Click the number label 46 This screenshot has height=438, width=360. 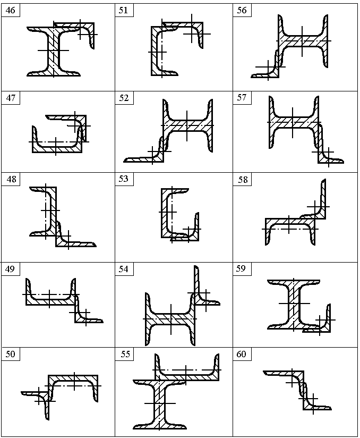tap(10, 10)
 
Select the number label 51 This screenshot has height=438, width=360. tap(123, 10)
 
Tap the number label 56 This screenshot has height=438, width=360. tap(242, 10)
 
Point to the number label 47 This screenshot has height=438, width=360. tap(11, 98)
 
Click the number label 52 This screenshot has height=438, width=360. tap(124, 98)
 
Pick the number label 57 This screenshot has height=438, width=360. tap(242, 97)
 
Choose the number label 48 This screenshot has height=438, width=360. tap(11, 179)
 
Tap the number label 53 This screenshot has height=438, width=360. tap(124, 179)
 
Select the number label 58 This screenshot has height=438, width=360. tap(243, 180)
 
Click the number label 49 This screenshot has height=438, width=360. tap(10, 269)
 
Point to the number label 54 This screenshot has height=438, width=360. tap(124, 269)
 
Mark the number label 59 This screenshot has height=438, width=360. tap(241, 269)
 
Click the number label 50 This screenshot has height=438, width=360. tap(10, 354)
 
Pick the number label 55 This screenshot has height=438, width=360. tap(125, 354)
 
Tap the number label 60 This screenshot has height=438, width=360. tap(241, 354)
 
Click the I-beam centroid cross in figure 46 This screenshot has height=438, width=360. tap(53, 50)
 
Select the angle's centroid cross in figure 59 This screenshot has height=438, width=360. tap(320, 319)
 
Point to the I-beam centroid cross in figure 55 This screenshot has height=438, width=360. tap(160, 403)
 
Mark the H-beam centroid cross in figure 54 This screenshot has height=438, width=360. tap(171, 318)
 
